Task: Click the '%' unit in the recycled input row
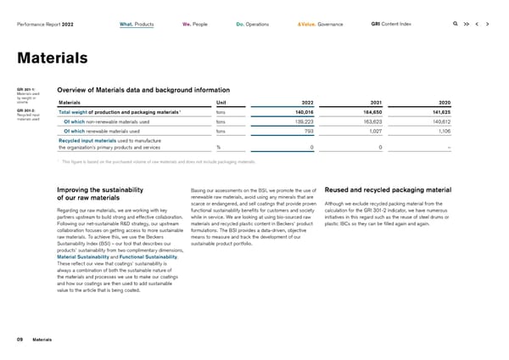[x=219, y=148]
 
